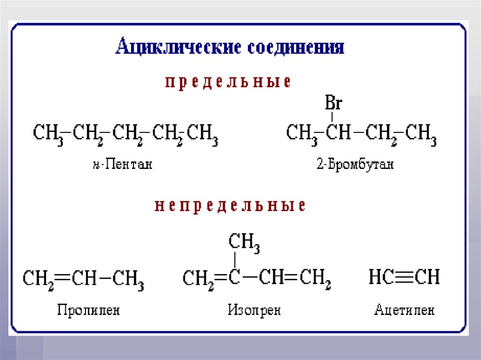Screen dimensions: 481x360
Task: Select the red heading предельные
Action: (x=228, y=82)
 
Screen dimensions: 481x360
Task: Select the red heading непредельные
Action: (x=230, y=206)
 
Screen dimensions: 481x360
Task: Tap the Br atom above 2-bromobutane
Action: (x=333, y=102)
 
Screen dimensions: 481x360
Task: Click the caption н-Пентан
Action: (x=122, y=164)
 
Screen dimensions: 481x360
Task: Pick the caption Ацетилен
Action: (x=404, y=310)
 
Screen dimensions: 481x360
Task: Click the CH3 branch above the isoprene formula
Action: (x=244, y=243)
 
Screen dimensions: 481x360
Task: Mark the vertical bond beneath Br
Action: (x=333, y=116)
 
